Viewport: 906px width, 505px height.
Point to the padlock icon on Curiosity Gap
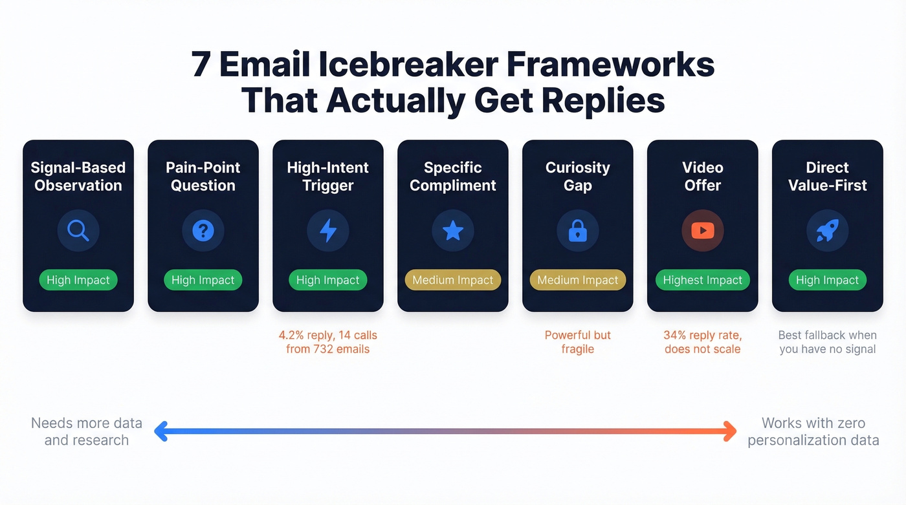click(x=578, y=231)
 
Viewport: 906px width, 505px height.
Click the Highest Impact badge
click(x=703, y=280)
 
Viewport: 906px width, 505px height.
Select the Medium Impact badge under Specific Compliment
click(x=453, y=280)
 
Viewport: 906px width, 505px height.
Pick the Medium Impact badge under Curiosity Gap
click(x=578, y=280)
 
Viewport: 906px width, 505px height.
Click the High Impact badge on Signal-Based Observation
click(x=78, y=280)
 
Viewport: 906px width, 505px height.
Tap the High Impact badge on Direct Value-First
click(x=827, y=280)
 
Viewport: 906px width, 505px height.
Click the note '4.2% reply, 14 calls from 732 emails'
click(x=328, y=342)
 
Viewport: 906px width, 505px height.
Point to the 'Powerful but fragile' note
click(x=578, y=342)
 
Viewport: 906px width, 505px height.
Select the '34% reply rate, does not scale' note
click(x=703, y=342)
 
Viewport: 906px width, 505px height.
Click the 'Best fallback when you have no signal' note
click(x=827, y=342)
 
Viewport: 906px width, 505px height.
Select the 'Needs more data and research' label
click(x=87, y=431)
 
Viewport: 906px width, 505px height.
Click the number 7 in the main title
click(x=201, y=65)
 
